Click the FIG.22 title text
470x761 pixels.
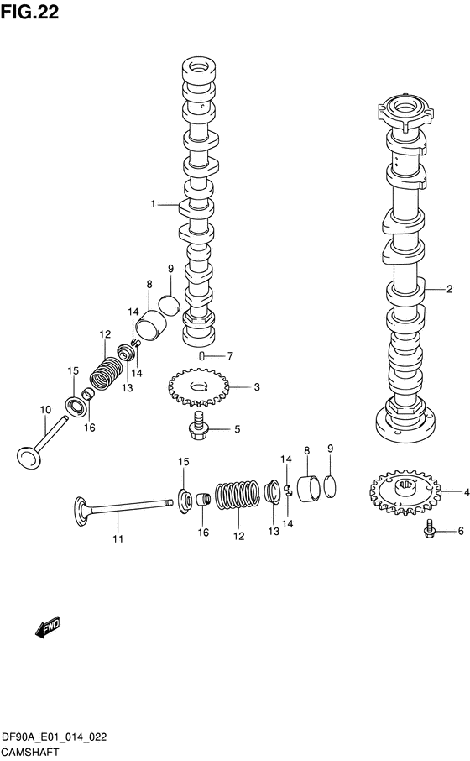(29, 12)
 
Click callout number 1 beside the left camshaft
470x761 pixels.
(154, 204)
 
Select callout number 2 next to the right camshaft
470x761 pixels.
(449, 289)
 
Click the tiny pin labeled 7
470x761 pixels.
(201, 357)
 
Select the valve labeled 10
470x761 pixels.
(40, 443)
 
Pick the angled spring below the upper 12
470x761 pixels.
(107, 372)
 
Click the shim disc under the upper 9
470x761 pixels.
(170, 304)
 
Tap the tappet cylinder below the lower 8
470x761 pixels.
(310, 489)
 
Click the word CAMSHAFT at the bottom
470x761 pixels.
(29, 753)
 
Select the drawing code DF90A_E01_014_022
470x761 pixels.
(54, 737)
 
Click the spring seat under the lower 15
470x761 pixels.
(185, 501)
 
